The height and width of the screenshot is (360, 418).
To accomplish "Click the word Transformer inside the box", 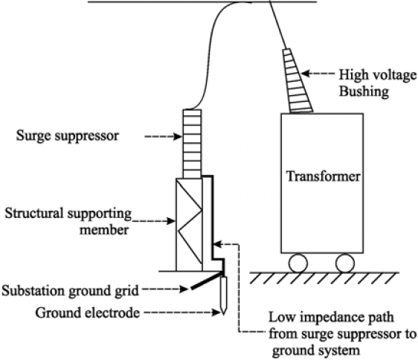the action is tap(323, 176).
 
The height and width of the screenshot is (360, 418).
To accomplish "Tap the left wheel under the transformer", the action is tap(298, 263).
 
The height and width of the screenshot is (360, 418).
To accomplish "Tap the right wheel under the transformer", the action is tap(345, 263).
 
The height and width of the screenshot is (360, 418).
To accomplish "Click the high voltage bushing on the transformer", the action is tap(297, 80).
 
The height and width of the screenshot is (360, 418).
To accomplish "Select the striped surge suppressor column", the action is tap(192, 144).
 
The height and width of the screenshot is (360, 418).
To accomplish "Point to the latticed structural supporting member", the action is tap(189, 225).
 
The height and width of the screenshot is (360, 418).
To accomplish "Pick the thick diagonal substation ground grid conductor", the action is tap(207, 280).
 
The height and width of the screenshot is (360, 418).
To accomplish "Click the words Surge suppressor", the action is tap(68, 136).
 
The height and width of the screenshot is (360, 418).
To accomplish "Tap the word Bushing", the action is tap(364, 91).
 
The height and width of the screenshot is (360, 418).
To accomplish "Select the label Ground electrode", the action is tap(88, 312).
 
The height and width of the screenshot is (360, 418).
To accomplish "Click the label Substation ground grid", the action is tap(70, 290).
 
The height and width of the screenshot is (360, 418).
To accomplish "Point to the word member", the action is tap(104, 230).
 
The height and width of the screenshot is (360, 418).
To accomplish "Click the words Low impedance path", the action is tap(331, 318).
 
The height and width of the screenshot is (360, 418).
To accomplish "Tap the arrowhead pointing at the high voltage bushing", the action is tap(306, 74).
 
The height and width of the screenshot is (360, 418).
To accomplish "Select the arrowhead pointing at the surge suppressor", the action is tap(178, 137).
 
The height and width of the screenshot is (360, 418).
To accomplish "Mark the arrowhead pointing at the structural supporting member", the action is tap(171, 221).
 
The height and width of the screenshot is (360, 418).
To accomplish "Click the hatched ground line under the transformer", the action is tap(324, 278).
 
